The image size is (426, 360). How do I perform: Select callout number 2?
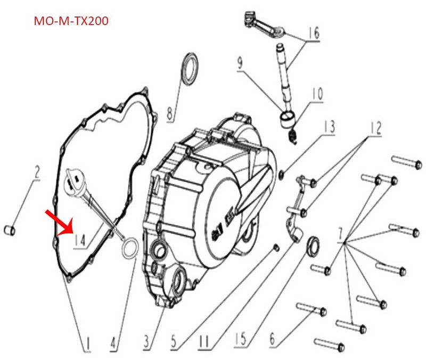tap(37, 173)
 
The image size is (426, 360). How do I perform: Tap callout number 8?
tap(170, 112)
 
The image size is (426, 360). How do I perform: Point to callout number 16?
tap(314, 34)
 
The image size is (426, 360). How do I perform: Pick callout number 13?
tap(329, 127)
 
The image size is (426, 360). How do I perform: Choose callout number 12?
tap(376, 128)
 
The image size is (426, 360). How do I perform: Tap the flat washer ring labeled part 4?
tap(129, 248)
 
